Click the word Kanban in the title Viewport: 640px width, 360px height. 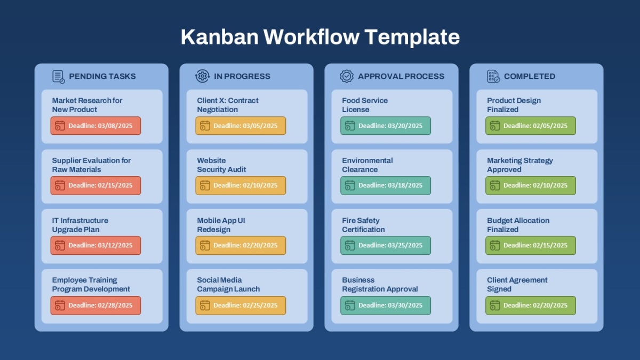(219, 37)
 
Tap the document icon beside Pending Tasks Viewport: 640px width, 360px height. (59, 77)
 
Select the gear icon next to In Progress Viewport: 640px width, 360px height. (202, 76)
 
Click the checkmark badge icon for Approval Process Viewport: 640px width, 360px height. (347, 76)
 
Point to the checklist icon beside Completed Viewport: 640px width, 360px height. (493, 76)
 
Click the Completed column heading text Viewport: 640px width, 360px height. (530, 76)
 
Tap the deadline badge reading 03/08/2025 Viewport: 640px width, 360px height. (95, 126)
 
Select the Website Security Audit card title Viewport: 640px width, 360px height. (221, 165)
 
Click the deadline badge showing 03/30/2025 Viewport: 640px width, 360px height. (386, 306)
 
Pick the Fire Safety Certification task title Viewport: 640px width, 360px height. (363, 225)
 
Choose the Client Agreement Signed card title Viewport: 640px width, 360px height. (517, 284)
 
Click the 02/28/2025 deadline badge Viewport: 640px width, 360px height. (95, 306)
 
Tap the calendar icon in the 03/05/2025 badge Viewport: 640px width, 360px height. (205, 126)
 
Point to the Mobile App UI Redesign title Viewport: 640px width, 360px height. (221, 225)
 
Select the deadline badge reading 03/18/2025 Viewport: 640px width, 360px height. (386, 186)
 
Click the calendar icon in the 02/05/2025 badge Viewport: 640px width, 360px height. (495, 126)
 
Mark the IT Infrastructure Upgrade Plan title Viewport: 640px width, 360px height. (80, 225)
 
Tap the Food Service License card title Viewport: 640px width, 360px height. (365, 105)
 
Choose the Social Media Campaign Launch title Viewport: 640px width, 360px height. (228, 284)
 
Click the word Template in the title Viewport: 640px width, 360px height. (412, 37)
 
